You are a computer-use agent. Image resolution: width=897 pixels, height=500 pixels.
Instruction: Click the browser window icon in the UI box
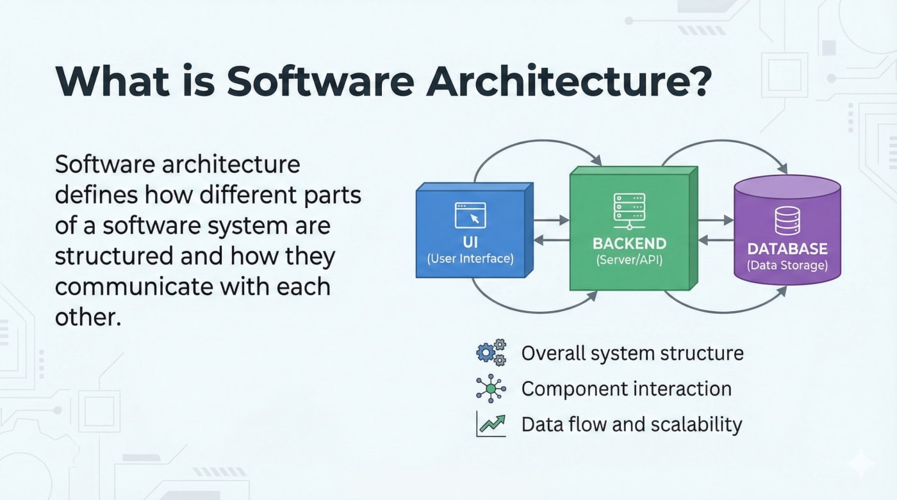click(470, 215)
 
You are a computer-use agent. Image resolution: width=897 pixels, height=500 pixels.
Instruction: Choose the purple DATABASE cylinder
click(787, 230)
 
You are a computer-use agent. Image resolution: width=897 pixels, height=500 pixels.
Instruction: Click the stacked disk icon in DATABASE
click(787, 221)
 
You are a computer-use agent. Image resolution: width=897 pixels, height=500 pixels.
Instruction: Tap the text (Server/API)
click(629, 261)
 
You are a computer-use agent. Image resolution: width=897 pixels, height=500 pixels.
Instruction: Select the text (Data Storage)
click(787, 265)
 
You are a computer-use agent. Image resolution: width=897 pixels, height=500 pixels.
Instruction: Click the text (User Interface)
click(470, 259)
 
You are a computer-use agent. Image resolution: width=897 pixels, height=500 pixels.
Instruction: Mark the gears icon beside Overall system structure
click(491, 353)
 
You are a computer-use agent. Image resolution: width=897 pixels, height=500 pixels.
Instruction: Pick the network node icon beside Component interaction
click(491, 388)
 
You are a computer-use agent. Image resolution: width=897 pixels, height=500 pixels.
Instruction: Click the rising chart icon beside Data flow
click(491, 424)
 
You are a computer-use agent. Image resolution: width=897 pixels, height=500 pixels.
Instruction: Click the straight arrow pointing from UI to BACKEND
click(551, 220)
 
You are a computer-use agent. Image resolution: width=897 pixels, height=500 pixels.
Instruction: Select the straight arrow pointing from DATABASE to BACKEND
click(716, 241)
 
